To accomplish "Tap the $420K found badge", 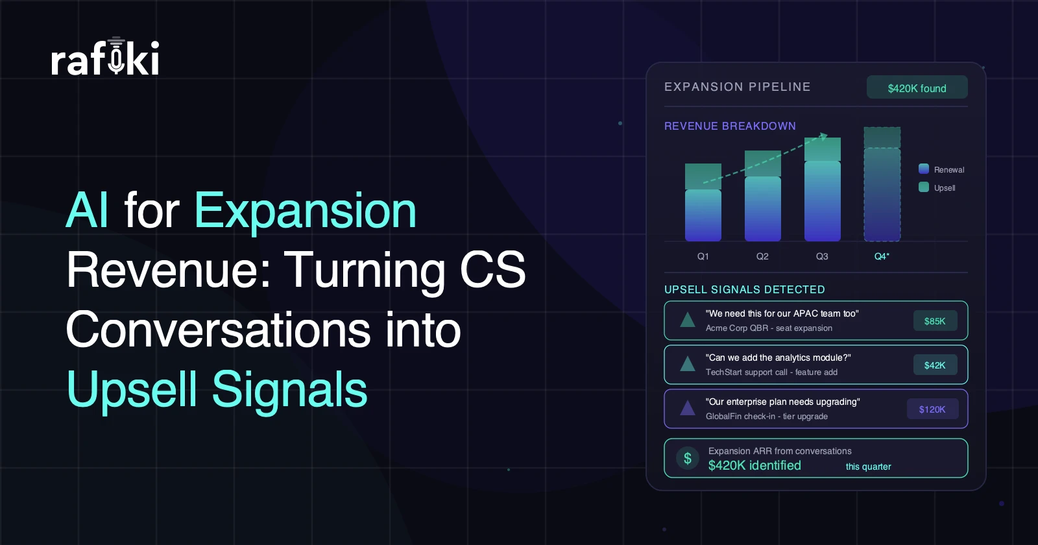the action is tap(917, 87).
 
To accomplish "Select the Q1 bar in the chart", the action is tap(703, 202).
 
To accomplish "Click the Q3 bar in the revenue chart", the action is tap(822, 189).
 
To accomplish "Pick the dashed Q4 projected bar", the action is tap(882, 184).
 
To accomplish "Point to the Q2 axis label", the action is tap(762, 256).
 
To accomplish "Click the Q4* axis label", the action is tap(882, 256).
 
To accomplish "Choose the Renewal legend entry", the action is tap(941, 169).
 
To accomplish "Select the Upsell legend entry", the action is tap(937, 188).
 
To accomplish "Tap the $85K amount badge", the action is tap(935, 321).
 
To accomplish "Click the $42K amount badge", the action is tap(935, 365).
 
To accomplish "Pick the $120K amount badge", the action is tap(932, 409).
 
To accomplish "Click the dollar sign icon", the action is tap(688, 458).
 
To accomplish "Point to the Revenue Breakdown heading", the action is tap(730, 126).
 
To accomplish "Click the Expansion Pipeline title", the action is tap(737, 87).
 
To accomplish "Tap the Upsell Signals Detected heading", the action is tap(745, 289).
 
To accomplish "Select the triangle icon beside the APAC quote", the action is tap(688, 321).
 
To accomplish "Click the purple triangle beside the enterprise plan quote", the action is tap(688, 408).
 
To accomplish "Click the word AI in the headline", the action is tap(88, 211).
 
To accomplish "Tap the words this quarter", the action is tap(869, 466).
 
